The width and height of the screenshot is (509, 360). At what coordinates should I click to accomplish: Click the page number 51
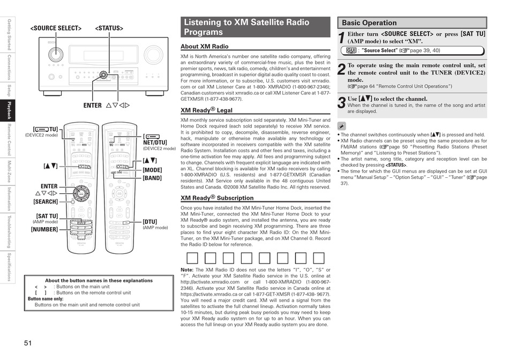[x=28, y=343]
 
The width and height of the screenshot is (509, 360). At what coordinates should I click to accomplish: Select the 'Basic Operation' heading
[x=369, y=23]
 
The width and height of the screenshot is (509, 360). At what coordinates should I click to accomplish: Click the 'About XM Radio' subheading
[x=204, y=47]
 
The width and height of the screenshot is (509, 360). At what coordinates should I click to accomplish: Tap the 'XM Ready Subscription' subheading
[x=216, y=198]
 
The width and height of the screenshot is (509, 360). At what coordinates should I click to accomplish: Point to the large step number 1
[x=341, y=38]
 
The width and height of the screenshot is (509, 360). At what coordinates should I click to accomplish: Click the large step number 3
[x=341, y=102]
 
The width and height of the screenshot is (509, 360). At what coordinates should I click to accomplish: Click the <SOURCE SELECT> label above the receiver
[x=56, y=28]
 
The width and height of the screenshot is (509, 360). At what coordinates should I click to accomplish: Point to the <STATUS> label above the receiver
[x=109, y=28]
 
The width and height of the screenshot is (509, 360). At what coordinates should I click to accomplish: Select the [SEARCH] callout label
[x=45, y=202]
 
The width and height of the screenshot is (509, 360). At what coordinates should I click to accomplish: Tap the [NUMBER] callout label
[x=44, y=229]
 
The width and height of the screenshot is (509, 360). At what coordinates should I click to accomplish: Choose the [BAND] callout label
[x=152, y=178]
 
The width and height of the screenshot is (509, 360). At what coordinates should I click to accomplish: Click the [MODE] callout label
[x=152, y=170]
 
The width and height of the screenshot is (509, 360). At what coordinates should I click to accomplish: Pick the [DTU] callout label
[x=150, y=221]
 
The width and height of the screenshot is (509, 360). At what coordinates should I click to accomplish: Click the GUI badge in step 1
[x=351, y=50]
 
